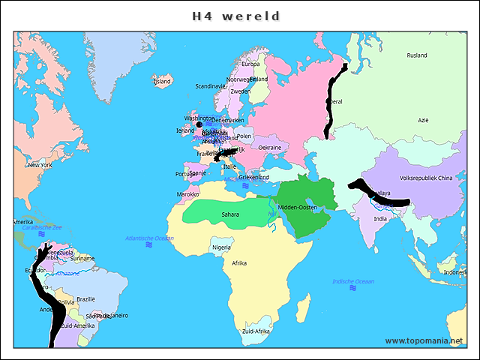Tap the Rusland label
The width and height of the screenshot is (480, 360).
point(417,55)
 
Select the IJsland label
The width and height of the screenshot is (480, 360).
point(162,82)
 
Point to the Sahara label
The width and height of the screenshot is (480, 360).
point(230,214)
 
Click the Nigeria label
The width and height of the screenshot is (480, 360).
point(221,247)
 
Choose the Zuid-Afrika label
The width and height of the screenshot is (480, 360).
point(256,331)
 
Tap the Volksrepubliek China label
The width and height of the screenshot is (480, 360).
point(427,178)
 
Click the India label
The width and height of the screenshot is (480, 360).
point(381,219)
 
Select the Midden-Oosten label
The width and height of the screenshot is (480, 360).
point(298,207)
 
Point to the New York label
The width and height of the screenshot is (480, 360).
point(40,165)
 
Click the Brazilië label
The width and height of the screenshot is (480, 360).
point(85,298)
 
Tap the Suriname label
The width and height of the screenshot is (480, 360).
point(82,259)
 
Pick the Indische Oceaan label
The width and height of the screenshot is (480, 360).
point(353,281)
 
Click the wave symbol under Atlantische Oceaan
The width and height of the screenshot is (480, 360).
point(149,245)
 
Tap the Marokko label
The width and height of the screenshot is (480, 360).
point(188,194)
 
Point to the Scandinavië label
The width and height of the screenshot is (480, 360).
point(211,86)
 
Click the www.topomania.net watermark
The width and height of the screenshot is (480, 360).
point(424,340)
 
